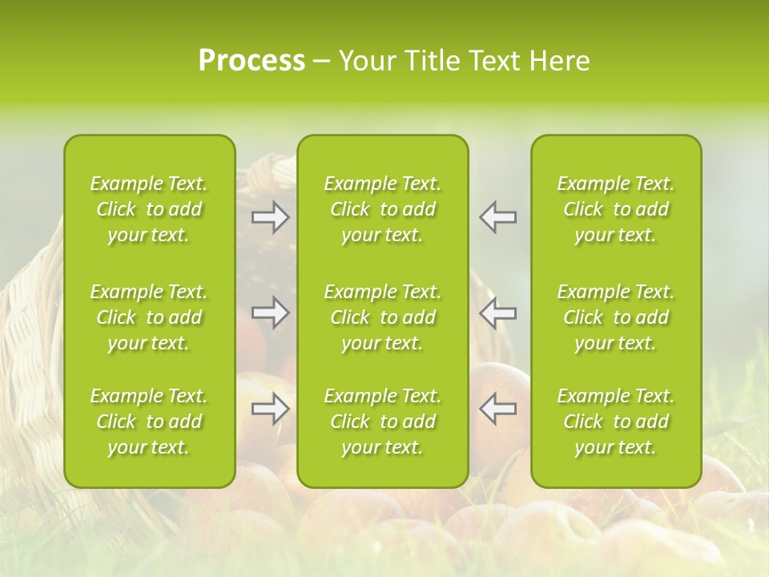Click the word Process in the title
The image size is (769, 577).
pos(252,61)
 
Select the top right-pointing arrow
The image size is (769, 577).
pos(271,217)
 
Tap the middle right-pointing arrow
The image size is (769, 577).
pos(271,313)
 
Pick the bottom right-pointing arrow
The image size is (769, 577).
pos(271,409)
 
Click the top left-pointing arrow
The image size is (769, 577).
pos(497,217)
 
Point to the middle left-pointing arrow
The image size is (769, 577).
pos(497,313)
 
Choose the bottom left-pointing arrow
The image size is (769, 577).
pos(497,409)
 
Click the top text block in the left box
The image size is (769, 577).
pos(149,209)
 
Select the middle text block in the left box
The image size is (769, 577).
pos(149,317)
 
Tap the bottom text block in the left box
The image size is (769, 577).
pos(149,422)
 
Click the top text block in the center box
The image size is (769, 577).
pos(383,209)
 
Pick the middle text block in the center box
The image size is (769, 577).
pos(383,317)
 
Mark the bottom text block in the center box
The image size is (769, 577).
pos(383,422)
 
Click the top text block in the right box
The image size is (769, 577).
pos(616,209)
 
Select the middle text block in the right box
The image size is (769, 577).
pos(616,317)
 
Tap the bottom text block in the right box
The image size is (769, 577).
pos(616,422)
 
